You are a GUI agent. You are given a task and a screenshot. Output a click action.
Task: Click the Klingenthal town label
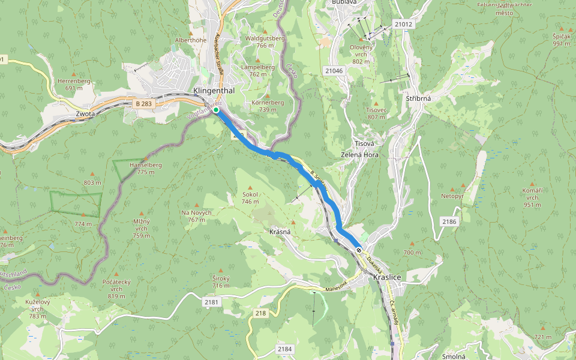click(x=214, y=91)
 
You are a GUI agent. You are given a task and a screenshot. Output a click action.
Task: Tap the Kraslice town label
click(x=387, y=277)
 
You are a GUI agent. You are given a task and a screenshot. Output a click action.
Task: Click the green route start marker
click(x=216, y=110)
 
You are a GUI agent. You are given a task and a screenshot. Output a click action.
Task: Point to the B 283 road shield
click(x=143, y=104)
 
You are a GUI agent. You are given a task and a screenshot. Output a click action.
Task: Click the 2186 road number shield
click(x=449, y=222)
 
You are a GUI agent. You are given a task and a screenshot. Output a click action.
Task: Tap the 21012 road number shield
click(x=404, y=24)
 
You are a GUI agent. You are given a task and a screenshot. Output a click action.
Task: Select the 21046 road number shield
click(x=334, y=71)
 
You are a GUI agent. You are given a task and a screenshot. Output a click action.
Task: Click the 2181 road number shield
click(x=211, y=301)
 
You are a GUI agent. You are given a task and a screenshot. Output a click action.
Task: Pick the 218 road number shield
click(x=260, y=313)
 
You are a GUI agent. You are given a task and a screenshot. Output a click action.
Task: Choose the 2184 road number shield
click(x=284, y=349)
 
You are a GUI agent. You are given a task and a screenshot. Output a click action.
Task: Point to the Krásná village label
click(x=280, y=232)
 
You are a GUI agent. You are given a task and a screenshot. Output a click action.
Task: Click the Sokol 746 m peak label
click(x=250, y=199)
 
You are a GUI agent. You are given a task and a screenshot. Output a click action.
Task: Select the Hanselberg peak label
click(x=146, y=168)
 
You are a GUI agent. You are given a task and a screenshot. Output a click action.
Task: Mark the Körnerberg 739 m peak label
click(x=268, y=106)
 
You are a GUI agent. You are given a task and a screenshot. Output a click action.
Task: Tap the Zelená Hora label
click(x=365, y=155)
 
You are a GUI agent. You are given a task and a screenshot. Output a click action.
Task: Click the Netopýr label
click(x=453, y=196)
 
